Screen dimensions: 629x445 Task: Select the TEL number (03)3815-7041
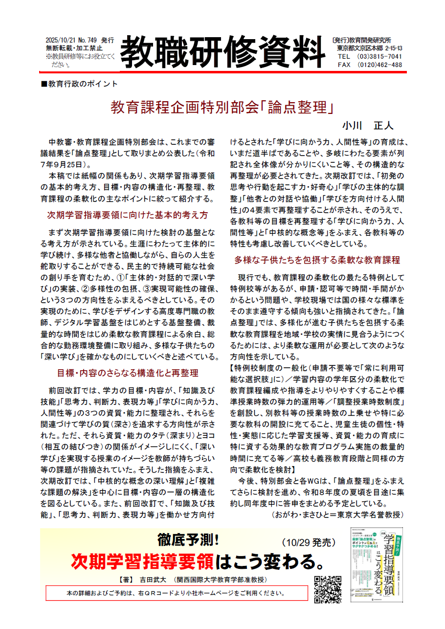pos(377,56)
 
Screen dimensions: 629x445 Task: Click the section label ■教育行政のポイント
pos(80,84)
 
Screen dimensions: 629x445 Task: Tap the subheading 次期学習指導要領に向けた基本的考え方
pos(128,215)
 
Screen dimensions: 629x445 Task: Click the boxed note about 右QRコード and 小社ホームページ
pos(176,593)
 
